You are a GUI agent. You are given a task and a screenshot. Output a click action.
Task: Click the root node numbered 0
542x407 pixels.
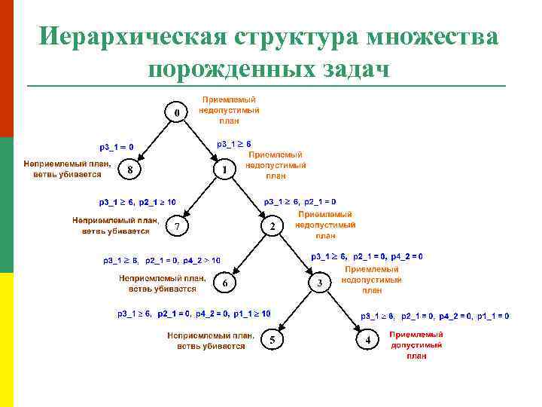click(x=177, y=113)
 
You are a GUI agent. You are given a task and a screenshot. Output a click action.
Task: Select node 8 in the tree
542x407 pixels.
click(x=130, y=170)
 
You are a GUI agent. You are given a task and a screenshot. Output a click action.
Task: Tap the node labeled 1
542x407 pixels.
click(x=224, y=170)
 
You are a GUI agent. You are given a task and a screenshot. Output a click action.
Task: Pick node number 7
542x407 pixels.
click(x=177, y=226)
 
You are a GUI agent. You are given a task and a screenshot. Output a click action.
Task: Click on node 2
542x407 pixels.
click(x=272, y=226)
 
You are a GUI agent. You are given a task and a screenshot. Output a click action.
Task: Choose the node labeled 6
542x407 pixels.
click(x=224, y=283)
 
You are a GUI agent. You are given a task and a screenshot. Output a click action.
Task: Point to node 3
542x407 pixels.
click(x=319, y=283)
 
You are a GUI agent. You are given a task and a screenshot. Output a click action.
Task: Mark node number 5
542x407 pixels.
click(x=272, y=341)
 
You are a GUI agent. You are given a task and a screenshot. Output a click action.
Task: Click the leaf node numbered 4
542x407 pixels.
click(x=367, y=341)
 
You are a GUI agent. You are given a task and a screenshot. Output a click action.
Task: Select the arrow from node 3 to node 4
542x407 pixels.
click(x=342, y=310)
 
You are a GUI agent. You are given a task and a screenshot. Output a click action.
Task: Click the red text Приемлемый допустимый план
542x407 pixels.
click(x=416, y=345)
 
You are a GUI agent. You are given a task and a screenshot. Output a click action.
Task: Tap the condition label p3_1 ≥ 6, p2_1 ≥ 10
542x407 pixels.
click(x=138, y=202)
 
